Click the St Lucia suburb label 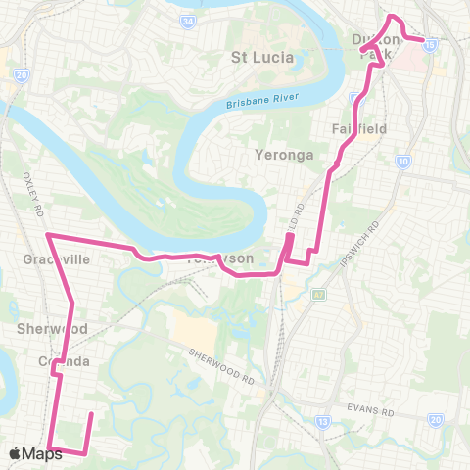(261, 57)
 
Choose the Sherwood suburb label (53, 329)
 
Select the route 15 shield (433, 43)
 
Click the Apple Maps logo (35, 453)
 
